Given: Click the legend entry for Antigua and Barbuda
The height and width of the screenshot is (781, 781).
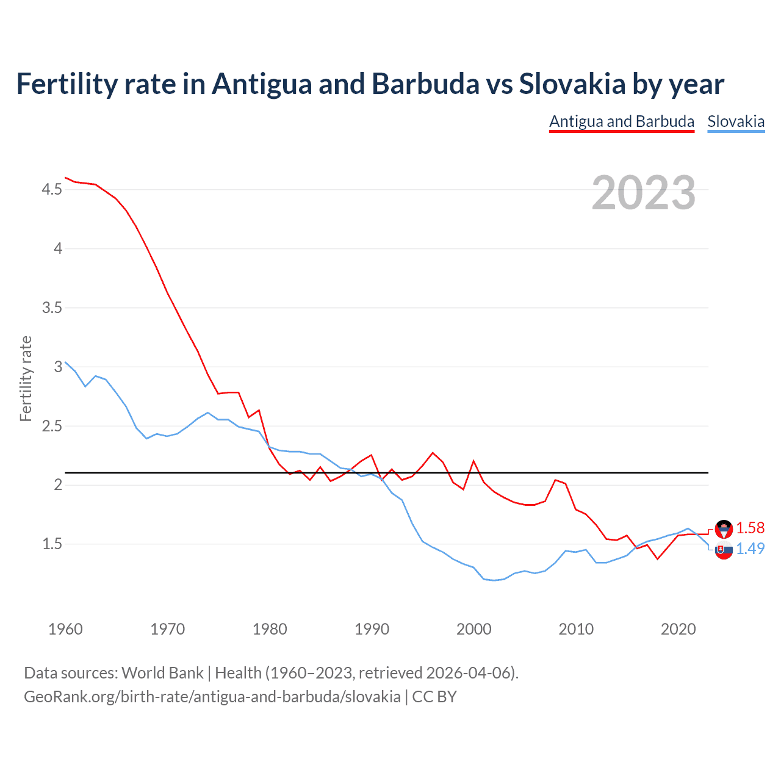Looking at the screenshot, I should pyautogui.click(x=622, y=121).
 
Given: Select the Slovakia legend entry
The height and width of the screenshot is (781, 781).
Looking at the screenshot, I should pyautogui.click(x=736, y=121).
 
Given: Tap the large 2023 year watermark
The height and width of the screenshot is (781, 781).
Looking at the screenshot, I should pyautogui.click(x=644, y=193).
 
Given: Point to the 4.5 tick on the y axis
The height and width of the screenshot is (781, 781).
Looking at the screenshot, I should pyautogui.click(x=52, y=190).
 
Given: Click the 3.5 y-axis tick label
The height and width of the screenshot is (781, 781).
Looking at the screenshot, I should pyautogui.click(x=52, y=308).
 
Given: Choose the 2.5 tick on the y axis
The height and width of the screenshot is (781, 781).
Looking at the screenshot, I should pyautogui.click(x=52, y=426).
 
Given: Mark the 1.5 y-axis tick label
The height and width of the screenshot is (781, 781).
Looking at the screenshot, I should pyautogui.click(x=52, y=544).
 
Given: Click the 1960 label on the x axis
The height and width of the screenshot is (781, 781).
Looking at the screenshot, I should pyautogui.click(x=65, y=629).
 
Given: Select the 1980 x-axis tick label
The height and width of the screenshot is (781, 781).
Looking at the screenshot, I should pyautogui.click(x=270, y=629).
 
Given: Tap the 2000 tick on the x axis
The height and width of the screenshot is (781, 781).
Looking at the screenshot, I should pyautogui.click(x=474, y=629).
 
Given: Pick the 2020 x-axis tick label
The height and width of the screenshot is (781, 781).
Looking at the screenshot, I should pyautogui.click(x=678, y=629).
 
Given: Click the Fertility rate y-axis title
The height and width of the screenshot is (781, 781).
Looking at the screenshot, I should pyautogui.click(x=26, y=378).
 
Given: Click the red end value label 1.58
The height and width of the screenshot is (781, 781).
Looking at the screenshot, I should pyautogui.click(x=750, y=528).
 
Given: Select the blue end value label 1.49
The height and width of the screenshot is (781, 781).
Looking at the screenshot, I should pyautogui.click(x=750, y=549).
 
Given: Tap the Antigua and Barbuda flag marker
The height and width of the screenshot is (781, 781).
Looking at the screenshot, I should pyautogui.click(x=724, y=528).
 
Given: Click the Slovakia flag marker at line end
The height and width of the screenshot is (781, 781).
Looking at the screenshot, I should pyautogui.click(x=724, y=550).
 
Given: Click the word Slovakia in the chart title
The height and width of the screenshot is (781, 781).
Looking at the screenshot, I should pyautogui.click(x=572, y=84).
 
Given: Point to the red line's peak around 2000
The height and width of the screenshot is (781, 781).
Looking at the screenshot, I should pyautogui.click(x=473, y=461).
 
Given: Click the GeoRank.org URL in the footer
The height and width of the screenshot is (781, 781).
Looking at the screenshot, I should pyautogui.click(x=212, y=696).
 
